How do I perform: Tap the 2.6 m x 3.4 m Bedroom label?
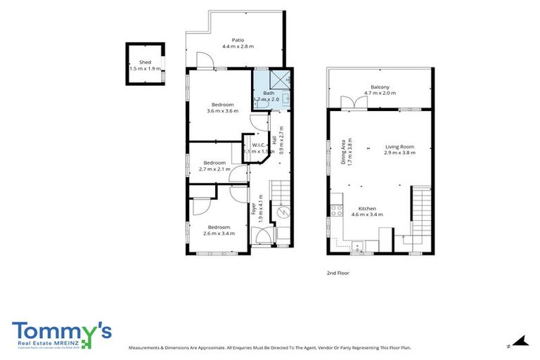[218, 230]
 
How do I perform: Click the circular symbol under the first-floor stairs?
[284, 213]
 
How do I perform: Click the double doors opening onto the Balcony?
[353, 103]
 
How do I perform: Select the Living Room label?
[399, 150]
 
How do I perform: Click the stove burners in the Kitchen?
[336, 208]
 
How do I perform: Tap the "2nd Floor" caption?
[338, 272]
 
